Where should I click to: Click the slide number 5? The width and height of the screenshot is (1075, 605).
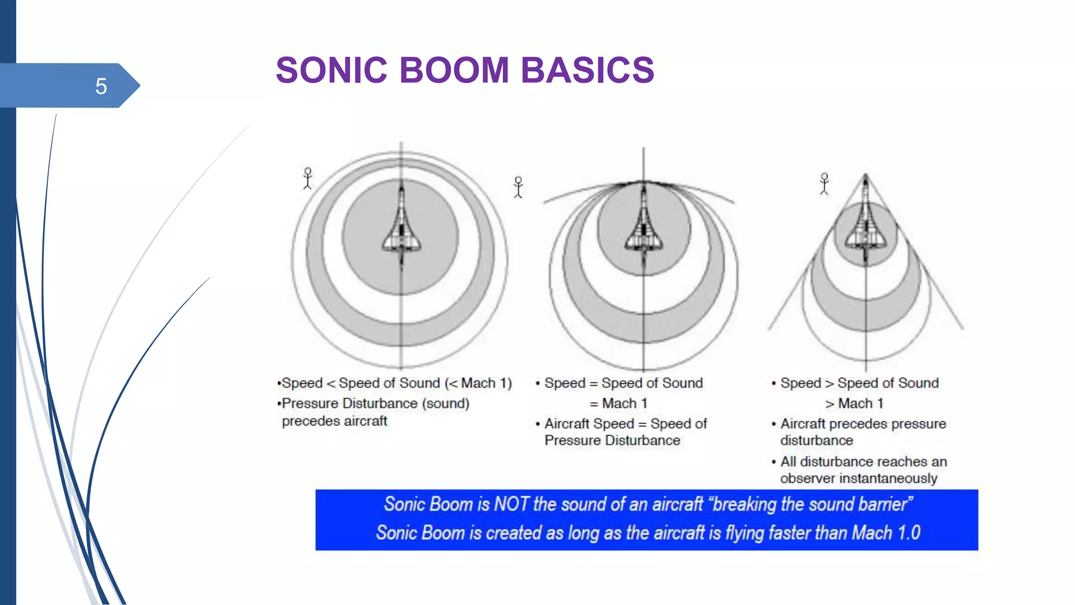coord(101,86)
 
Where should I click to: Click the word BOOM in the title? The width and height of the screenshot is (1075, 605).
coord(454,70)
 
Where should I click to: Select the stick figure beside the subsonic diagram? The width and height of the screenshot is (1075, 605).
coord(308,179)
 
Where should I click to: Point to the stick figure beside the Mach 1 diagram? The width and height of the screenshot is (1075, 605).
coord(518,187)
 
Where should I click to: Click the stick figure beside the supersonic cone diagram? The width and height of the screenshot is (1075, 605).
coord(824,184)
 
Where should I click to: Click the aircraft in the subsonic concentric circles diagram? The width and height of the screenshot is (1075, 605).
coord(402,226)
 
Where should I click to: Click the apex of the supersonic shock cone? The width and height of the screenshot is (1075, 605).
coord(866,175)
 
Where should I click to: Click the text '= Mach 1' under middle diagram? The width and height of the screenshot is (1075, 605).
coord(618,403)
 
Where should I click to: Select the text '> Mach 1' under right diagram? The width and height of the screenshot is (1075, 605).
coord(854,403)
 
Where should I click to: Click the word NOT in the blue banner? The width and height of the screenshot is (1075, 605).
coord(511,504)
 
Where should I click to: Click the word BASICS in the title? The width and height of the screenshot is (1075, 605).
coord(587,70)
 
